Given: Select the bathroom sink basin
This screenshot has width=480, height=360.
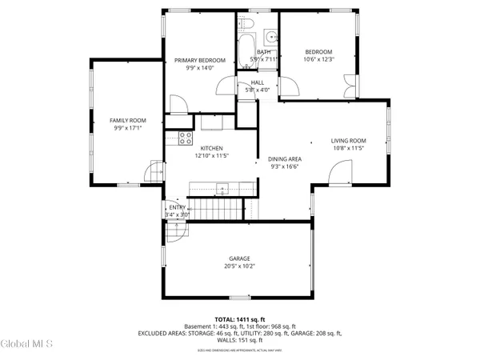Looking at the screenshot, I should click(x=270, y=36).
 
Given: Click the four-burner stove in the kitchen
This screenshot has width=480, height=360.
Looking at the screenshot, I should click(x=185, y=136).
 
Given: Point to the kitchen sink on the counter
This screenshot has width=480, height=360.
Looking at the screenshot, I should click(x=222, y=189).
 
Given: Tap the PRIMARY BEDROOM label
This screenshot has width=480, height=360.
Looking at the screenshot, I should click(x=200, y=61).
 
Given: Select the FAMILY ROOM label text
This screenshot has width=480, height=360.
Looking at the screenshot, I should click(x=128, y=120).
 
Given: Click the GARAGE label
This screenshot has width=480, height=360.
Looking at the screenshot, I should click(x=240, y=258).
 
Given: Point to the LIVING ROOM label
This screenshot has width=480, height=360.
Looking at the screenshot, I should click(x=348, y=141).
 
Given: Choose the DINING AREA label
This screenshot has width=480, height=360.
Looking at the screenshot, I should click(x=284, y=159).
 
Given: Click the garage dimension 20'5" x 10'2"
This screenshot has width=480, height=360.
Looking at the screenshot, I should click(x=240, y=266).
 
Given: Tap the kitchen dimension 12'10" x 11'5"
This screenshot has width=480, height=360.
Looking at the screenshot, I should click(x=211, y=156).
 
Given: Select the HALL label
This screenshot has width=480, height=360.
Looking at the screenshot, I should click(x=257, y=82).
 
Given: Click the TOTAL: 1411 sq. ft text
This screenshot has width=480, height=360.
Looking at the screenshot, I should click(x=240, y=318).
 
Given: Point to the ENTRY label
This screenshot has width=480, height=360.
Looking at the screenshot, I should click(x=176, y=206).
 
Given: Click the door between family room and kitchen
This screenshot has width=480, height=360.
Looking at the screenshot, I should click(x=154, y=171).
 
